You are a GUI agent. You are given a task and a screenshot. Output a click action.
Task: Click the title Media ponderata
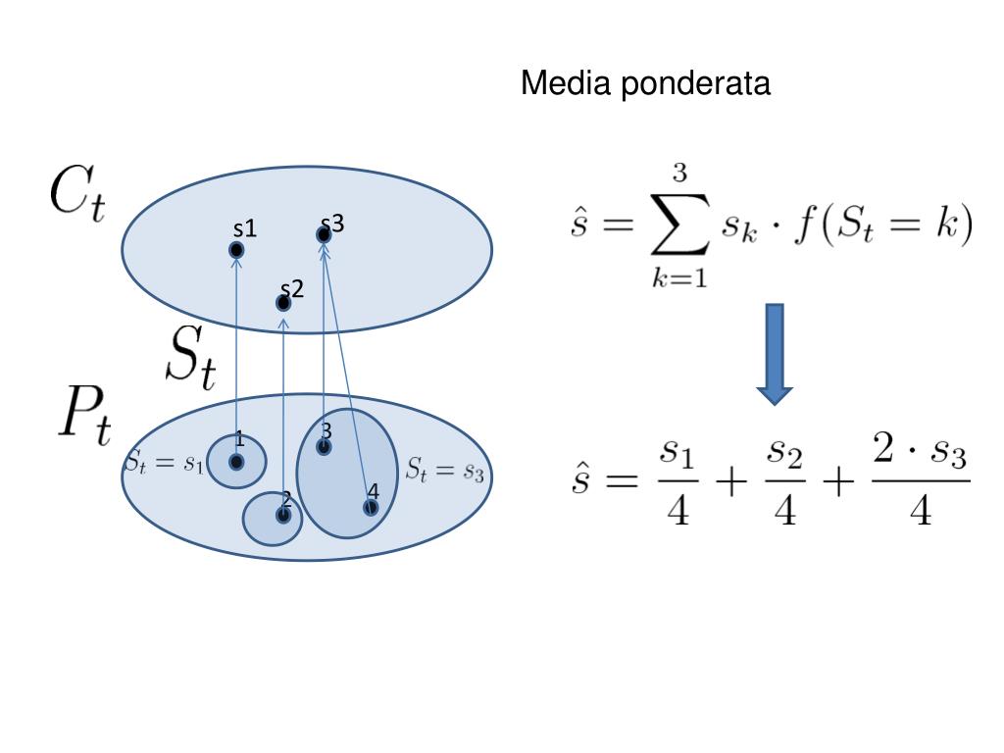pyautogui.click(x=645, y=84)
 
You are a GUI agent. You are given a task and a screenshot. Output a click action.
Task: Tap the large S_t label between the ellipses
pyautogui.click(x=190, y=358)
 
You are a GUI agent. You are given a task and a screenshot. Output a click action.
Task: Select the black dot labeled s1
pyautogui.click(x=236, y=250)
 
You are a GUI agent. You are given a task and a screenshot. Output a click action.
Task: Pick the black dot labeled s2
pyautogui.click(x=283, y=302)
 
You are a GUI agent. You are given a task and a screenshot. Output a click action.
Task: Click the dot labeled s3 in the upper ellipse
pyautogui.click(x=324, y=235)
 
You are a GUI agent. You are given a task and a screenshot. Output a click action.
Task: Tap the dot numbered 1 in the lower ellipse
pyautogui.click(x=236, y=461)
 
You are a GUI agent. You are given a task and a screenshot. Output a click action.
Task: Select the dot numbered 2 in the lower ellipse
pyautogui.click(x=283, y=514)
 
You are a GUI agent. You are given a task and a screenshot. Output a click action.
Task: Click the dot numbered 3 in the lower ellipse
pyautogui.click(x=324, y=447)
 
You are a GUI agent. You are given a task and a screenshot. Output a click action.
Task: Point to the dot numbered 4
pyautogui.click(x=370, y=507)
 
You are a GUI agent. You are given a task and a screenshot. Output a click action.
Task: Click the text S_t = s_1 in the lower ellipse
pyautogui.click(x=165, y=464)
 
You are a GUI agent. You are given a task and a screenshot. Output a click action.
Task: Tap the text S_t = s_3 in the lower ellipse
pyautogui.click(x=445, y=470)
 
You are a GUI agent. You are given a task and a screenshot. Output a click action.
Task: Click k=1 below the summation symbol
pyautogui.click(x=680, y=278)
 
